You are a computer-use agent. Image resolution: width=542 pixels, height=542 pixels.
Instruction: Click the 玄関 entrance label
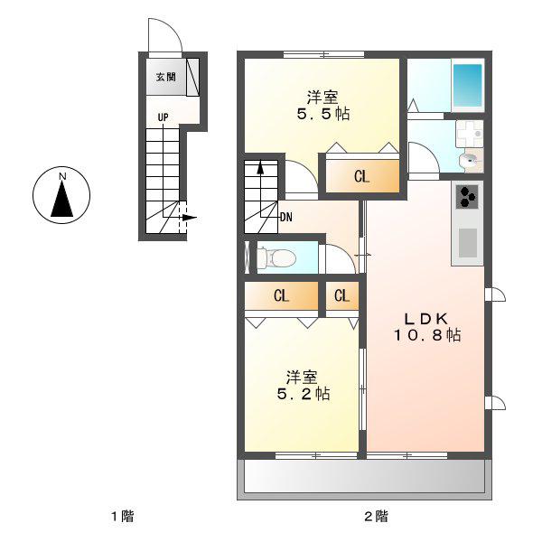tap(166, 77)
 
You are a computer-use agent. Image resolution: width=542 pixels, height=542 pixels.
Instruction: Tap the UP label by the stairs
tap(164, 117)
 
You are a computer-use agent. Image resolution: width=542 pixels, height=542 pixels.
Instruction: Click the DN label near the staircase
tap(286, 218)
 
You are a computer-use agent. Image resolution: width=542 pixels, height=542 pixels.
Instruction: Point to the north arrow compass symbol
tap(61, 195)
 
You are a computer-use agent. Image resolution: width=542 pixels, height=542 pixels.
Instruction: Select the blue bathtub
tap(468, 86)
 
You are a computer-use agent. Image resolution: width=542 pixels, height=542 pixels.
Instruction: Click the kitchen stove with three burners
tap(467, 197)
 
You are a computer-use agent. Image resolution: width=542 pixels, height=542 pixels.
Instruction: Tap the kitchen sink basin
tap(467, 243)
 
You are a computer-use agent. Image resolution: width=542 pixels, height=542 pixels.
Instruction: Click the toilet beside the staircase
tap(276, 257)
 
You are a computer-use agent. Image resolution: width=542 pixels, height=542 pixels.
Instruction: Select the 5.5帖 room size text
tap(323, 114)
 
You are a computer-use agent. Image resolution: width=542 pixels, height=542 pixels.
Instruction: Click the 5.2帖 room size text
tap(304, 394)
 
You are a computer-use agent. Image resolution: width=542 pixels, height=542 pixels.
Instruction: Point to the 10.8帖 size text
tap(427, 334)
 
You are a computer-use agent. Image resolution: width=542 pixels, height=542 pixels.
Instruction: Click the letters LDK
tap(426, 318)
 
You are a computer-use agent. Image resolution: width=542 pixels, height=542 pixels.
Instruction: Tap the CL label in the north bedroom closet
tap(361, 177)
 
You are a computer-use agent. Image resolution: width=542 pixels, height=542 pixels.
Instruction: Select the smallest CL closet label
tap(341, 296)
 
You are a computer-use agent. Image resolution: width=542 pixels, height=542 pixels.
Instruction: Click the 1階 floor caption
tap(123, 517)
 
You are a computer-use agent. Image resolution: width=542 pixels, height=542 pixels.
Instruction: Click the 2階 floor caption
tap(377, 517)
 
